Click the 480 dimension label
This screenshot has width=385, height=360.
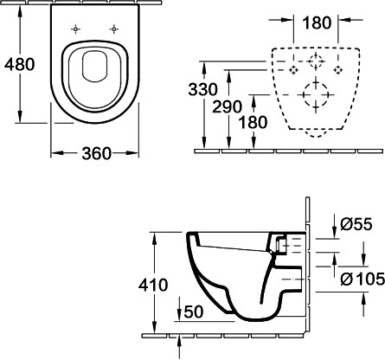click(20, 64)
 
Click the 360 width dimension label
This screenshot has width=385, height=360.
click(96, 153)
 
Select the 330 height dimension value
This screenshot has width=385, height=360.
click(202, 89)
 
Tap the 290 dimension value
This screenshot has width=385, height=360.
click(227, 106)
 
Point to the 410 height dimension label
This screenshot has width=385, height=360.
click(153, 285)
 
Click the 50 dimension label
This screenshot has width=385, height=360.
click(194, 312)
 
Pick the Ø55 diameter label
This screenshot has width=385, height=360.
click(356, 224)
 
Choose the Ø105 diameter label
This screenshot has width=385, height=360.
click(363, 279)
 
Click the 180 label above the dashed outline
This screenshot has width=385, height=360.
click(317, 22)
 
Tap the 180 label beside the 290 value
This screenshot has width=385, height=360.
click(253, 122)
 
